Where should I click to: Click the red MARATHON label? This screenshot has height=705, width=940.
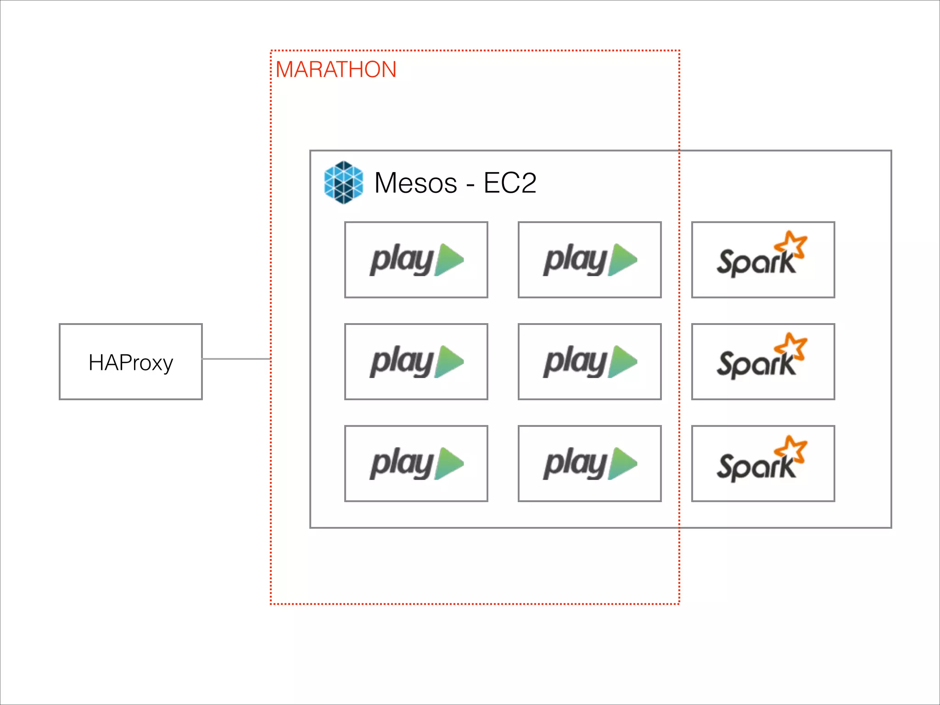click(336, 70)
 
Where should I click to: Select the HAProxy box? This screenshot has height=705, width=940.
click(131, 362)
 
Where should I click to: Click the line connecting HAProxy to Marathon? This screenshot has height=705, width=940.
click(236, 359)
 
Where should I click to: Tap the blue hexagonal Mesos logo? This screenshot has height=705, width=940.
click(343, 182)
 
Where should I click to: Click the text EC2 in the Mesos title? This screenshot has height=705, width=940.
click(509, 183)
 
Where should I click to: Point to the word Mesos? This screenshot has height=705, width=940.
click(415, 183)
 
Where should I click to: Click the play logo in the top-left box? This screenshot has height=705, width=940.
click(416, 260)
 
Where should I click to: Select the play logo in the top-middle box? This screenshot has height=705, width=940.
click(590, 260)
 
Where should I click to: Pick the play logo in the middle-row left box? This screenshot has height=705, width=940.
click(416, 362)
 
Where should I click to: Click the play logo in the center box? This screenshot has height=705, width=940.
click(590, 362)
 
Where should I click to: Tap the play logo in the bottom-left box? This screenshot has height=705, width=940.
click(416, 464)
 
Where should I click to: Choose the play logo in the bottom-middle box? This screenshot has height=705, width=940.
click(590, 464)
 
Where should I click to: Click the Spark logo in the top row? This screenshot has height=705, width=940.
click(762, 257)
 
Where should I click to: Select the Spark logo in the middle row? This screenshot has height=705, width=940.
click(762, 359)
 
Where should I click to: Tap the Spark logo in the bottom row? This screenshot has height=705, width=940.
click(762, 461)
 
